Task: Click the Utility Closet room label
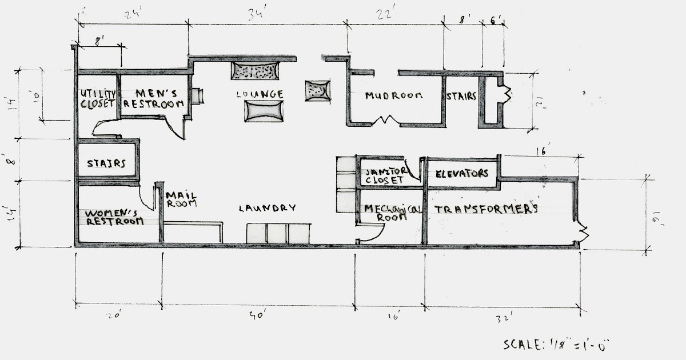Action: [x=98, y=99]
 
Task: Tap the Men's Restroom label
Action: [x=154, y=98]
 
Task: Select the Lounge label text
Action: [x=262, y=94]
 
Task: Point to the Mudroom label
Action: [x=394, y=95]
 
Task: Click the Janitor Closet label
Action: [x=385, y=175]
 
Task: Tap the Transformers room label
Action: [x=486, y=209]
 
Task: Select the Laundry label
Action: [x=267, y=209]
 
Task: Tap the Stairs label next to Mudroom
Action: [x=461, y=97]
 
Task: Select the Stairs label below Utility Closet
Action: [x=106, y=163]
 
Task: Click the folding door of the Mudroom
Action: [x=384, y=121]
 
